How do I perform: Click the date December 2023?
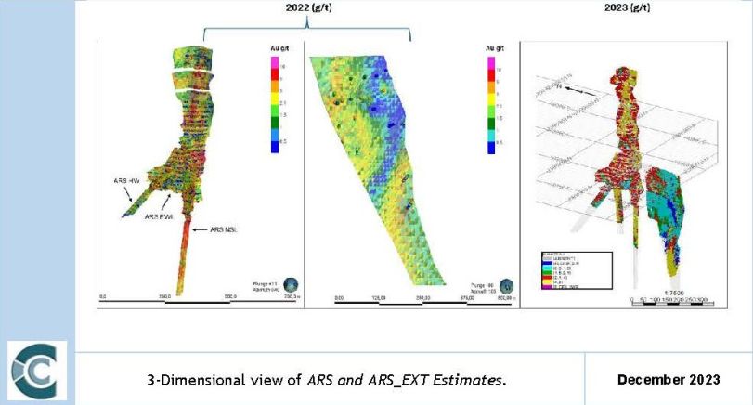click(669, 379)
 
